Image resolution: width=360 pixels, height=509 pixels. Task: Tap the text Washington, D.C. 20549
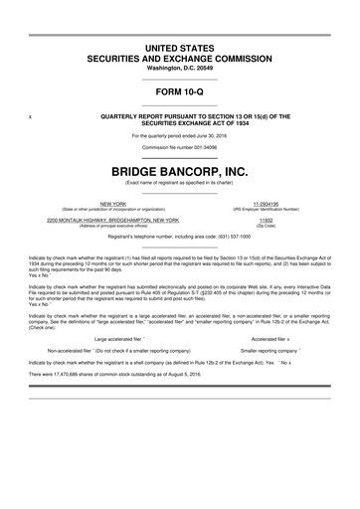click(x=179, y=68)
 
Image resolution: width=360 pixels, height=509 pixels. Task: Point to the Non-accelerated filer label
click(x=119, y=351)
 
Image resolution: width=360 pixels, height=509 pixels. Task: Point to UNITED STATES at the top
click(x=179, y=48)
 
